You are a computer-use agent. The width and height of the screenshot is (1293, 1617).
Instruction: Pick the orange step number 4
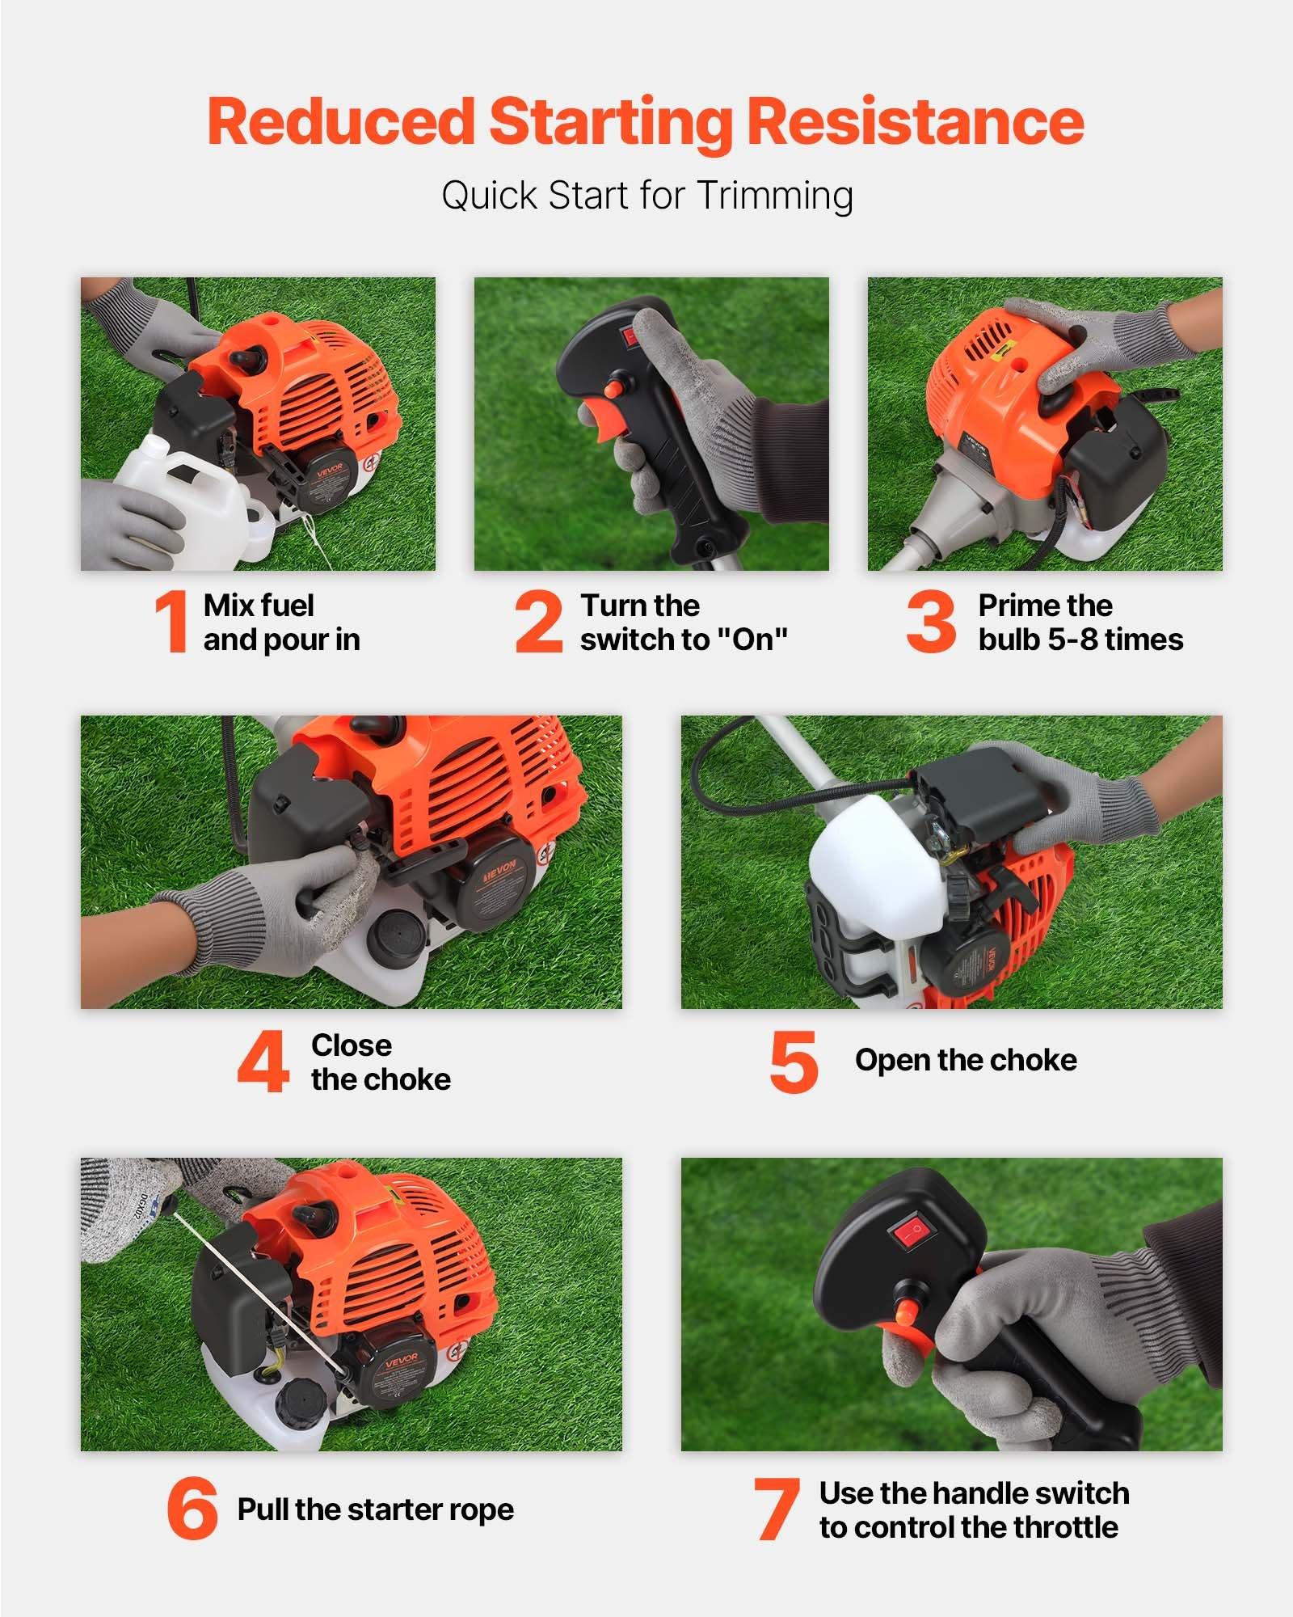[x=263, y=1062]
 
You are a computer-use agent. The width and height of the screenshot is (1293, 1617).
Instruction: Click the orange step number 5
[x=794, y=1062]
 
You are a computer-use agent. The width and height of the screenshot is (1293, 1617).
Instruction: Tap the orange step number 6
[x=192, y=1508]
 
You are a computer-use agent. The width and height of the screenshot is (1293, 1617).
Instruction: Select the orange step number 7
[x=776, y=1509]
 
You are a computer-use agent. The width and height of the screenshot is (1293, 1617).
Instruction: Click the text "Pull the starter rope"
[x=375, y=1509]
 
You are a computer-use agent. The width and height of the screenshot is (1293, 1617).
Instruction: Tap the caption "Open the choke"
[x=966, y=1060]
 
